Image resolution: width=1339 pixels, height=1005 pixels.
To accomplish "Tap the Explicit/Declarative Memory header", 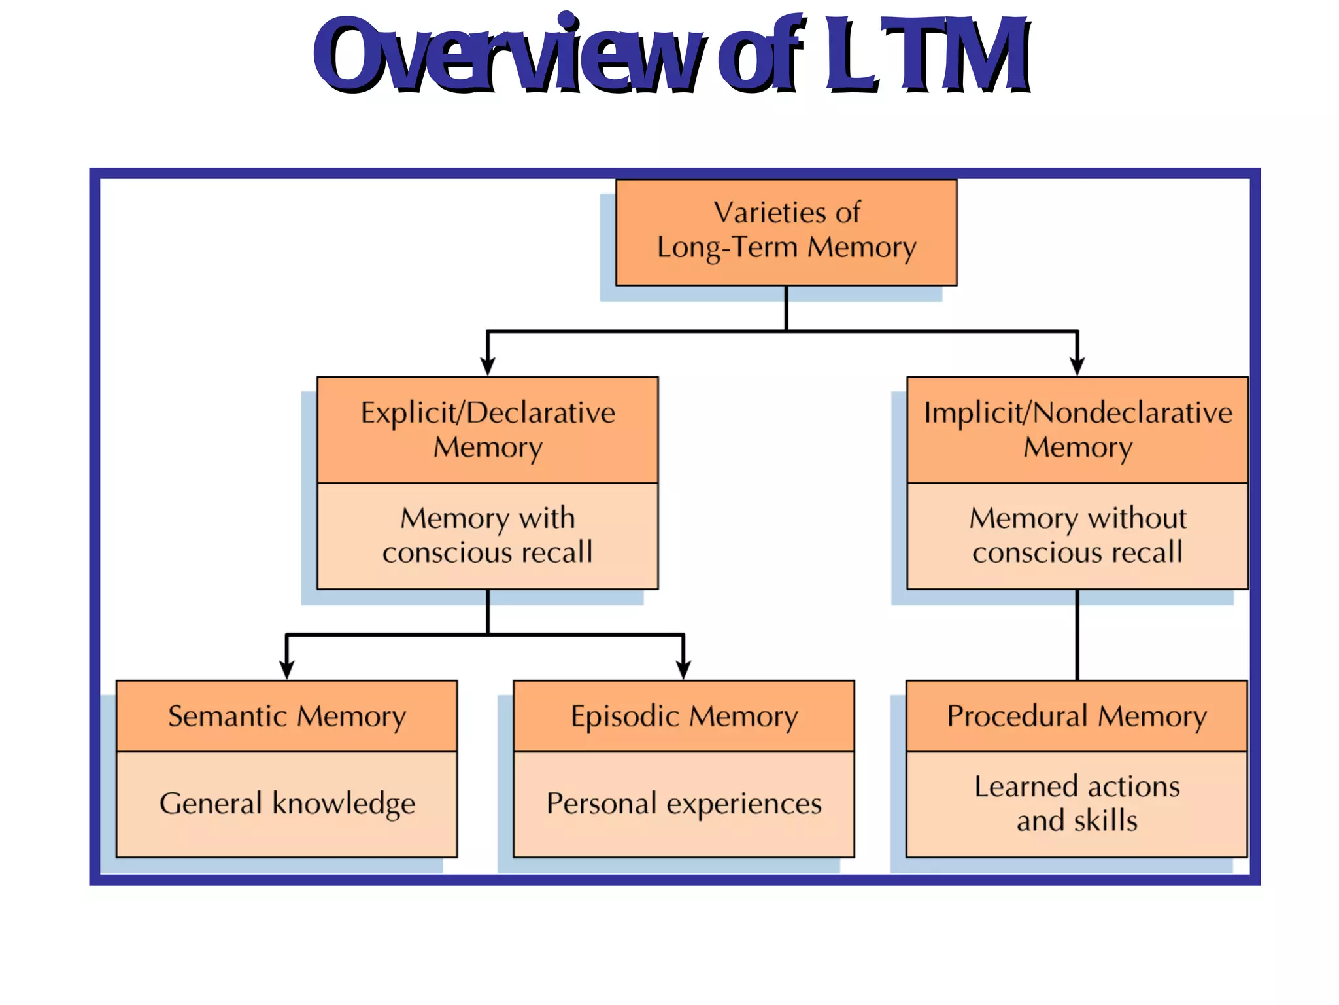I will coord(488,429).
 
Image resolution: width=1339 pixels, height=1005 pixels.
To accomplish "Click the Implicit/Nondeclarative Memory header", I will coord(1077,429).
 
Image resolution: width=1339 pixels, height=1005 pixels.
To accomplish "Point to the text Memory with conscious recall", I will coord(488,535).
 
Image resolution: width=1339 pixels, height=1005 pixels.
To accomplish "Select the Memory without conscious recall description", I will coord(1077,535).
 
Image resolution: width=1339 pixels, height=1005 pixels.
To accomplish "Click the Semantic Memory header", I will coord(286,716).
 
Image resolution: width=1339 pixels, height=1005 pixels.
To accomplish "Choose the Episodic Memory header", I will coord(684,716).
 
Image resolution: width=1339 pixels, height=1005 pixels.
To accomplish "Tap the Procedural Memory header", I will coord(1077,716).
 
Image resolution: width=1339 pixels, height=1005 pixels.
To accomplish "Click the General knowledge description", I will coord(286,803).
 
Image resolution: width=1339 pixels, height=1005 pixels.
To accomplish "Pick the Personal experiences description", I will coord(684,803).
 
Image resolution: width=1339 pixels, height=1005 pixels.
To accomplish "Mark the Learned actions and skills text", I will coord(1077,803).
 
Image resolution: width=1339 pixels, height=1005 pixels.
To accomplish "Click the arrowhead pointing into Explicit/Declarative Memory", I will coord(488,366).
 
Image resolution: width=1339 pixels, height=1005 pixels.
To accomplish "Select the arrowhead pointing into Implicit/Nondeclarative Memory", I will coord(1077,366).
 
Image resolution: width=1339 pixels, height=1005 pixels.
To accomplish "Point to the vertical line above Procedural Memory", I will coord(1077,635).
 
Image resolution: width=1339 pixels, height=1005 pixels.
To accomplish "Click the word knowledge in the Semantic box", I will coord(344,804).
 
